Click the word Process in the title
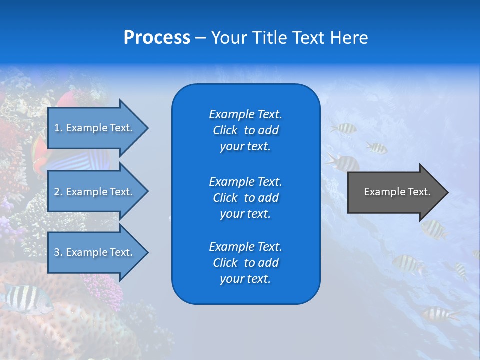point(157,38)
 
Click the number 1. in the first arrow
point(58,128)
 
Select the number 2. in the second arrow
point(58,192)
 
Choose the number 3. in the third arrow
point(58,252)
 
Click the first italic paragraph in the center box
point(245,130)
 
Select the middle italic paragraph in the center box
point(245,198)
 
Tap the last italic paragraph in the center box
point(245,263)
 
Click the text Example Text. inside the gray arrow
point(397,192)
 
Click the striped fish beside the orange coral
point(25,298)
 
